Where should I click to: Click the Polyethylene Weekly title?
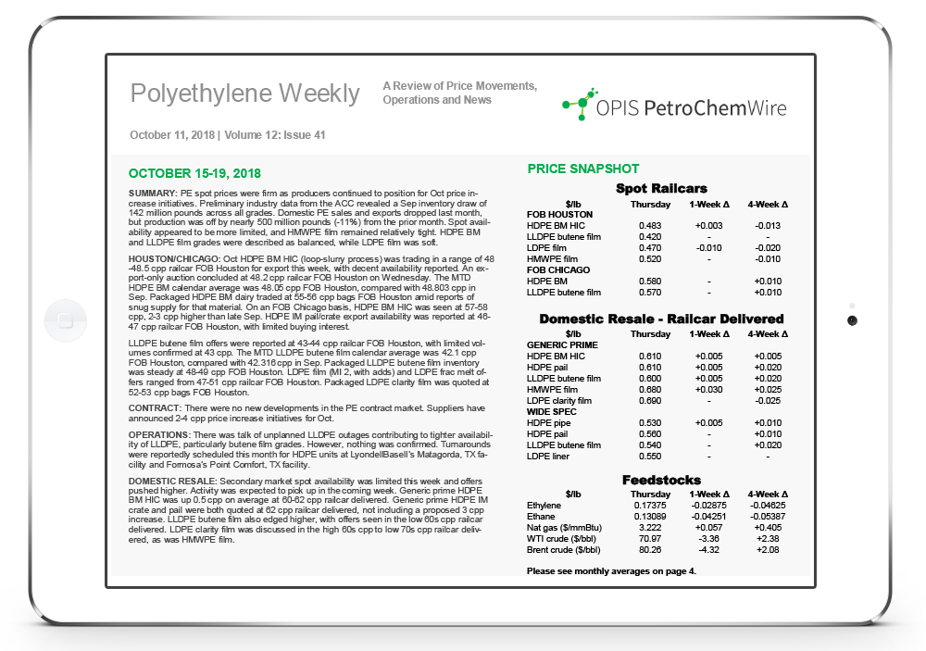pos(244,94)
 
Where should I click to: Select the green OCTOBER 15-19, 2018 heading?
pos(194,173)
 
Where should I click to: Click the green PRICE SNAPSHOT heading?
pos(582,169)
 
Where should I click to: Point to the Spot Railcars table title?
pos(662,188)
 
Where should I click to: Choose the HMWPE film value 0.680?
pos(650,389)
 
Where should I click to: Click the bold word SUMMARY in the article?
pos(153,192)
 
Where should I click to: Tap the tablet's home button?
pos(64,321)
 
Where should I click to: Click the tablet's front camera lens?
pos(852,320)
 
